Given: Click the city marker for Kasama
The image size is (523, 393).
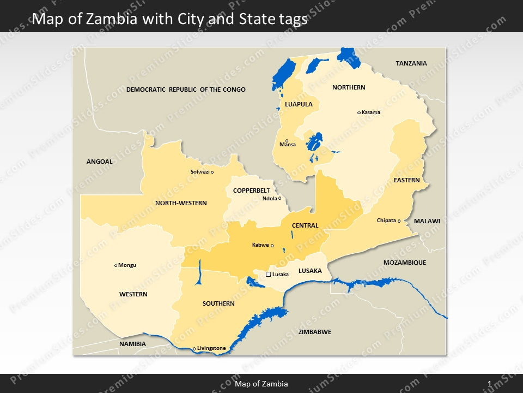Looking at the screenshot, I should point(359,112).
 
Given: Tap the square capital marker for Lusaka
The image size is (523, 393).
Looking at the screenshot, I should point(268,274).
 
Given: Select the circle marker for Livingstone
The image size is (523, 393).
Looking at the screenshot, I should point(194,348).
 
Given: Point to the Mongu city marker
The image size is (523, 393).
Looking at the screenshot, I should point(116,265).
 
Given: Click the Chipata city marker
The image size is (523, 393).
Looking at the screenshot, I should point(399,221).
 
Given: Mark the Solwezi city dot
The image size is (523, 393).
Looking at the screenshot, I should point(212,172).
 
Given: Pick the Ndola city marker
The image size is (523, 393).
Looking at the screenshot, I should point(280,198).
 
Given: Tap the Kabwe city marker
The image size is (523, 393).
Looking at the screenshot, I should point(272,245).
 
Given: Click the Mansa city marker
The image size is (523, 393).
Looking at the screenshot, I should point(287,140).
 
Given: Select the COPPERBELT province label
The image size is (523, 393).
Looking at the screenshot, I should point(251,190).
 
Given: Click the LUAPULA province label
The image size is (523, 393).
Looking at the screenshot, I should point(299,104).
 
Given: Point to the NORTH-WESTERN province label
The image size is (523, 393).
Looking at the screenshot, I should point(181,203).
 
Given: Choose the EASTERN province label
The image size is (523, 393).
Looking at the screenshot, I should point(407,180).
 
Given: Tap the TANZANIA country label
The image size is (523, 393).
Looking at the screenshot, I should point(411,63).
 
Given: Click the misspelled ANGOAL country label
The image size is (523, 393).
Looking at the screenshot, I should point(100,162).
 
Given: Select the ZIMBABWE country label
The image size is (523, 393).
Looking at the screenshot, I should point(315,332).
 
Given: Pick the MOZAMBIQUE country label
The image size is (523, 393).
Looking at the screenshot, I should point(405,263).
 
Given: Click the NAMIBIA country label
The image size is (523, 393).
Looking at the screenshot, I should point(133,344).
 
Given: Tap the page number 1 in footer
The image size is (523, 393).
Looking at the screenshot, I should point(490,384).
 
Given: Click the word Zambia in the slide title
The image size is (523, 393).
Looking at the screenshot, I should point(115,19).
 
